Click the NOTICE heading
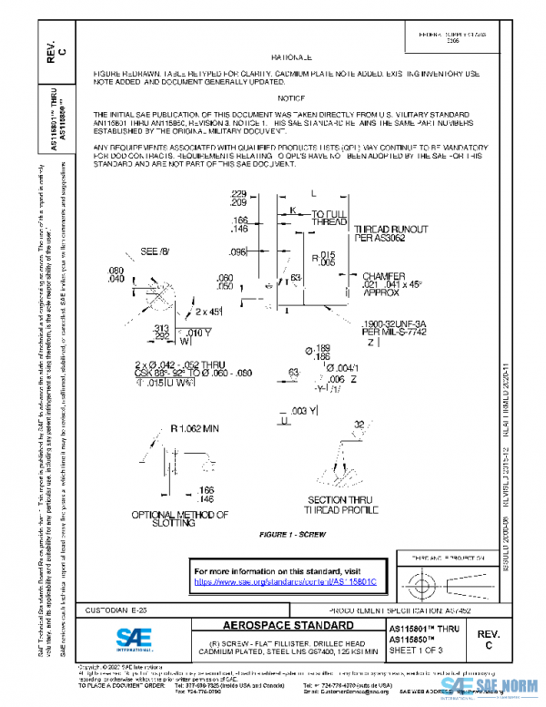[291, 97]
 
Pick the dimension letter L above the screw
[312, 194]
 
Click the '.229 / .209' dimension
[239, 198]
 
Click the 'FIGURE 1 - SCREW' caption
[292, 533]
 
